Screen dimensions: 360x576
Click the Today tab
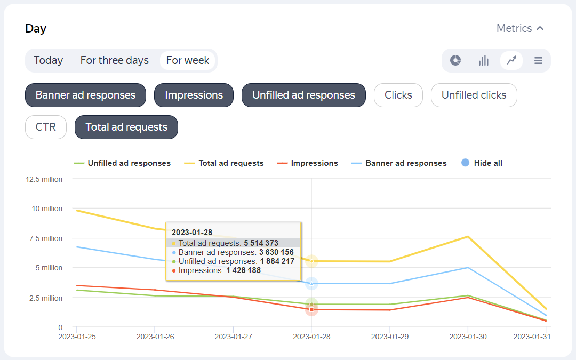pos(48,60)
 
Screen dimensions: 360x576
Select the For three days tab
pos(115,60)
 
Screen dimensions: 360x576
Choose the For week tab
pos(188,60)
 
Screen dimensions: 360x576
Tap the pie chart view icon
pos(455,60)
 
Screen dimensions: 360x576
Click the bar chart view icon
pos(484,60)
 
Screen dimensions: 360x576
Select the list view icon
pos(538,60)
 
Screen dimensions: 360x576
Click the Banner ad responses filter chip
pos(85,95)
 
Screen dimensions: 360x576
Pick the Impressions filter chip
pos(194,95)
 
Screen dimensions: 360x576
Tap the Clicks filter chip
pos(398,95)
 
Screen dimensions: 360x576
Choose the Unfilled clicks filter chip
pos(474,95)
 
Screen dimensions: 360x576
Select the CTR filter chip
pos(45,127)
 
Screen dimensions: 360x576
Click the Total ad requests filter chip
pos(126,127)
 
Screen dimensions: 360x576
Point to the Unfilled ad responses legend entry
pos(129,163)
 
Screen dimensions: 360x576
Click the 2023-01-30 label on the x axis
pos(468,337)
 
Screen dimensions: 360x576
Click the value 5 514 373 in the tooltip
pos(261,243)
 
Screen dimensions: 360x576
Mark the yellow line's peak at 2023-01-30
pos(468,236)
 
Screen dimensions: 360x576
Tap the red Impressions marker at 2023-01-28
pos(311,309)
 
